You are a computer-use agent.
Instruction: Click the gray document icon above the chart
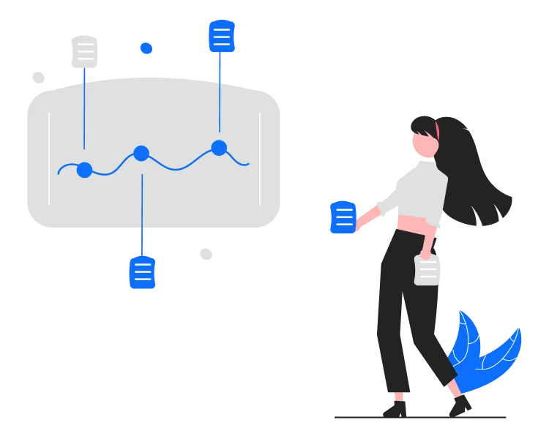pyautogui.click(x=85, y=52)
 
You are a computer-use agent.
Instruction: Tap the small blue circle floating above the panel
pyautogui.click(x=146, y=48)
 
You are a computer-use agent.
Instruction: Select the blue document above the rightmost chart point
pyautogui.click(x=220, y=35)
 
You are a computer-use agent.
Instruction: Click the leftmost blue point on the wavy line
pyautogui.click(x=84, y=170)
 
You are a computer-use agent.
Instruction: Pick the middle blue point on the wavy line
pyautogui.click(x=141, y=154)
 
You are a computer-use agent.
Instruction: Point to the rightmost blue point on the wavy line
pyautogui.click(x=219, y=148)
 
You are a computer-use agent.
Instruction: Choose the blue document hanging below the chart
pyautogui.click(x=143, y=274)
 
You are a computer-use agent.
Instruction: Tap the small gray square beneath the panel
pyautogui.click(x=208, y=255)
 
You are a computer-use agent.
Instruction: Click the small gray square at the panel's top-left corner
pyautogui.click(x=37, y=77)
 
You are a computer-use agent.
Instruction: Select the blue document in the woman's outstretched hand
pyautogui.click(x=343, y=217)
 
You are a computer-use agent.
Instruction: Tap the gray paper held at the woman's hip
pyautogui.click(x=428, y=270)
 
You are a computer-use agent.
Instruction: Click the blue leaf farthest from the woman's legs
pyautogui.click(x=501, y=351)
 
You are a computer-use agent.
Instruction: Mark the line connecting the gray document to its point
pyautogui.click(x=84, y=110)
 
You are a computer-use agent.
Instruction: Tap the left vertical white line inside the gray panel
pyautogui.click(x=49, y=159)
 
